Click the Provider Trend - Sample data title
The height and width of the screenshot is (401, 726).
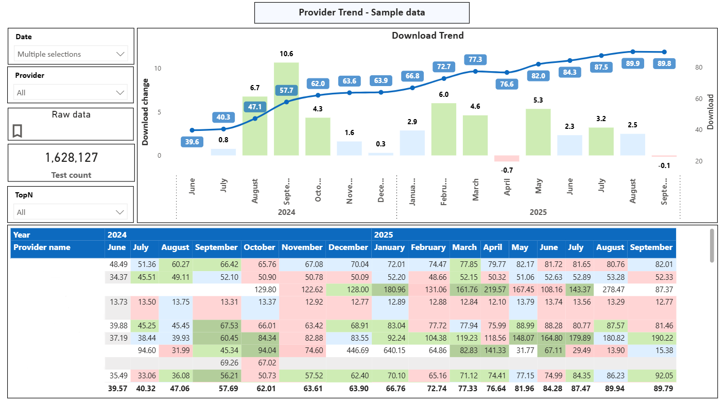coord(361,12)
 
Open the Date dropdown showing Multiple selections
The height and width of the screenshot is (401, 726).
coord(71,54)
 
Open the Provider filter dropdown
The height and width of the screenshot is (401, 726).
coord(71,93)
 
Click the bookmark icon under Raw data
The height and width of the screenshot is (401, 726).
coord(17,131)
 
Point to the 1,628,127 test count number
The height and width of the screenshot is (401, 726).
coord(71,158)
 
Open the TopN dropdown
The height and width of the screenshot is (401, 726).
coord(71,212)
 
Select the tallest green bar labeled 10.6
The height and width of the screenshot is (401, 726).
coord(286,108)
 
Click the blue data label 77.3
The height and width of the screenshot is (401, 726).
coord(475,59)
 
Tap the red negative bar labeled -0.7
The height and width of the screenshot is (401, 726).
coord(507,158)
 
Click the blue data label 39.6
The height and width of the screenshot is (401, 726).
coord(192,142)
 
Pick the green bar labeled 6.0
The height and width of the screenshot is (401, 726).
coord(444,129)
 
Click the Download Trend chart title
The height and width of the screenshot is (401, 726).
coord(427,36)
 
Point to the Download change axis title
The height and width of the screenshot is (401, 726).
coord(145,112)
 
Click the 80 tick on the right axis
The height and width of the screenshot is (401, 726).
coord(699,67)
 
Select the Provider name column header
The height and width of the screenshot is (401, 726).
coord(42,247)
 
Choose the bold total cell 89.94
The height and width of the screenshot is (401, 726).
coord(610,388)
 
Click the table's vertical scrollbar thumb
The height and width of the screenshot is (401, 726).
coord(712,245)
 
